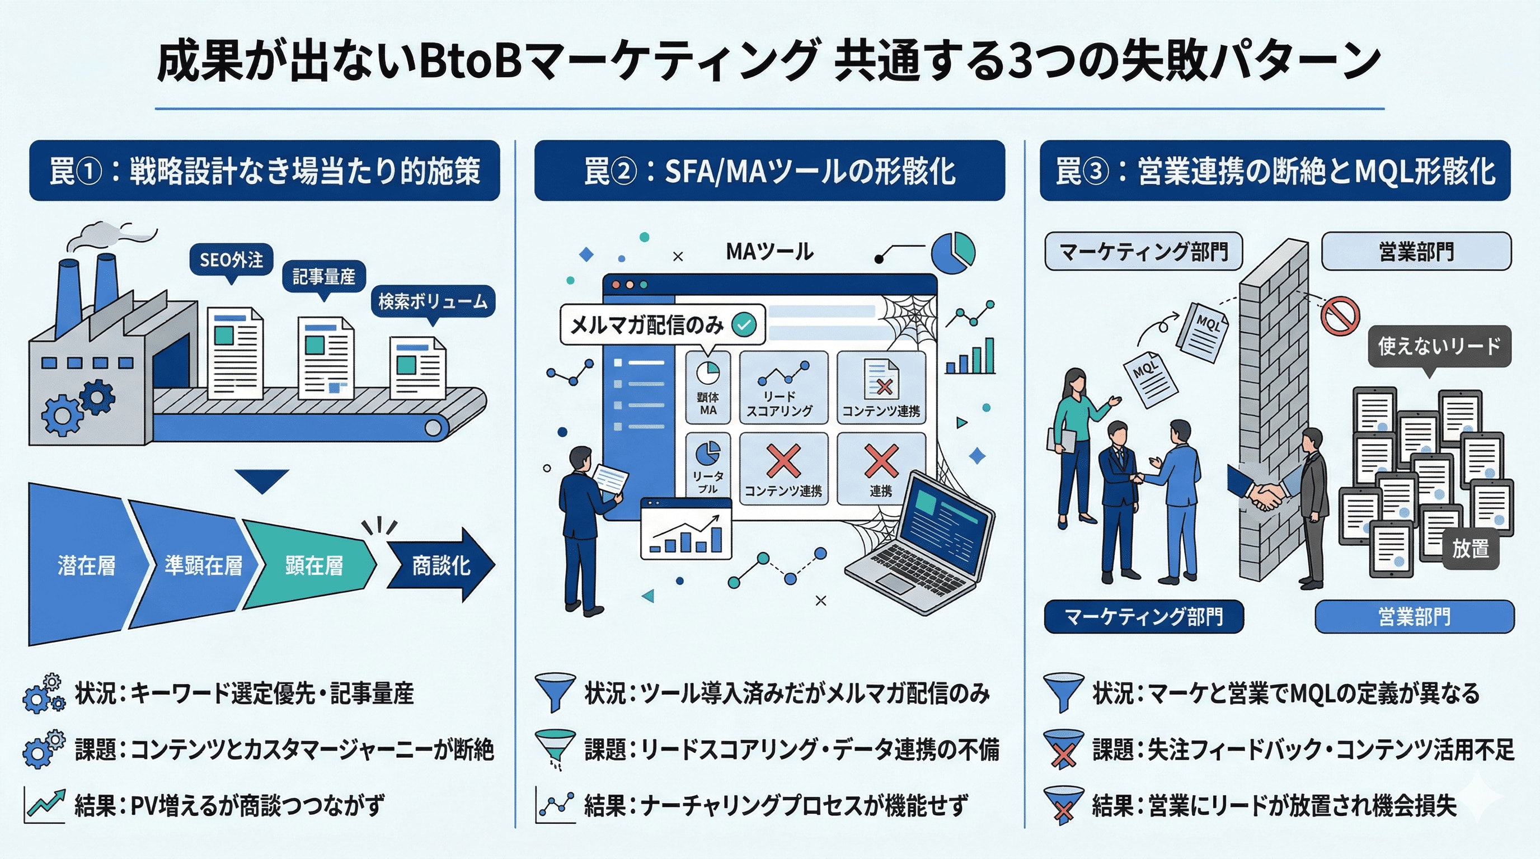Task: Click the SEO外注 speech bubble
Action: tap(231, 260)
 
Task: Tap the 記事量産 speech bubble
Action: tap(323, 277)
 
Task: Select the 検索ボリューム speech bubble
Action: tap(433, 301)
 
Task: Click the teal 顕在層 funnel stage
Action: tap(311, 564)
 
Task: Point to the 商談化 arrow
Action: tap(441, 564)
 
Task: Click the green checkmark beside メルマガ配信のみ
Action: tap(744, 324)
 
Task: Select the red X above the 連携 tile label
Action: tap(881, 461)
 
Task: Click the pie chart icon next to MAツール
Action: tap(953, 253)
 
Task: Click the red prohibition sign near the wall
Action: tap(1340, 315)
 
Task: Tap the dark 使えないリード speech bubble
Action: tap(1439, 346)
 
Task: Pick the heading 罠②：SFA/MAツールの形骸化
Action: tap(769, 171)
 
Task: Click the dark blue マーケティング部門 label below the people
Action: tap(1144, 616)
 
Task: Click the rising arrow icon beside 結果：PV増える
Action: tap(45, 805)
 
